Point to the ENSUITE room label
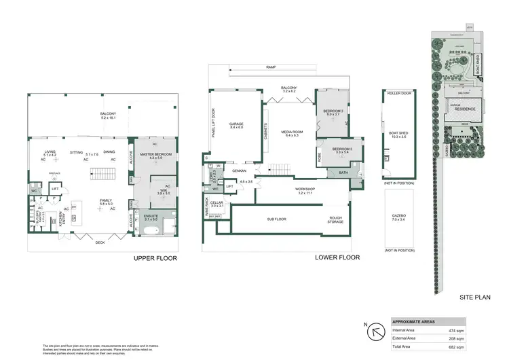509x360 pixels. [151, 217]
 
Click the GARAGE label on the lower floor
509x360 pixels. [236, 125]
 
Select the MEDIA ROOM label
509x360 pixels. [292, 133]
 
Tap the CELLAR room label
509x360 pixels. [216, 204]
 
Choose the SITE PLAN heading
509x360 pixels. [475, 297]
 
